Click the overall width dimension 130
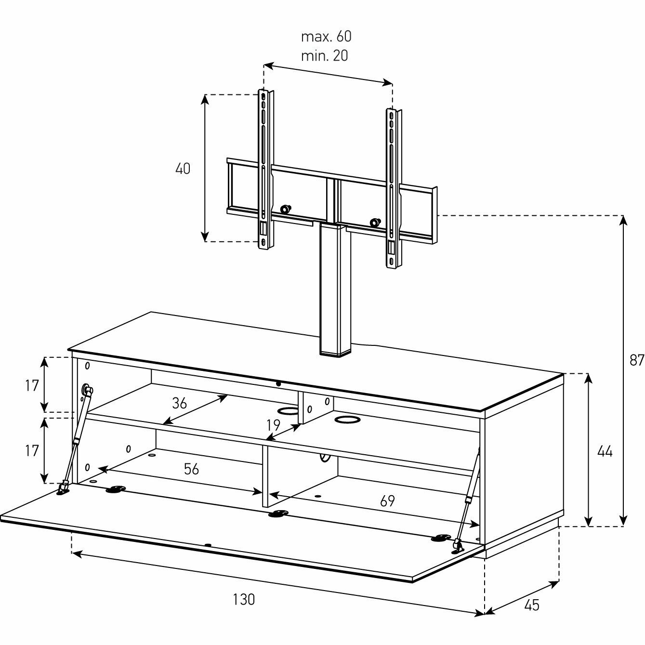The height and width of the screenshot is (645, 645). click(x=243, y=600)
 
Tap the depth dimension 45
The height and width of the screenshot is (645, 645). click(x=531, y=605)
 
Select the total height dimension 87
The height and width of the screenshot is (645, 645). click(x=636, y=360)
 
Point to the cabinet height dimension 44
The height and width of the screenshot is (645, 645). click(x=605, y=451)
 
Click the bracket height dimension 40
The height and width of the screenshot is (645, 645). click(x=183, y=169)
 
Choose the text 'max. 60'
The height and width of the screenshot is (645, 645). click(x=326, y=37)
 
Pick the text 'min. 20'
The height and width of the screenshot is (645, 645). click(x=324, y=56)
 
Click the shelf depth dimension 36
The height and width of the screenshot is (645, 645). click(x=179, y=403)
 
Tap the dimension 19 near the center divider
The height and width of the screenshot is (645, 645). click(x=273, y=425)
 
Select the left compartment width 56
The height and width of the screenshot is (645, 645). click(x=191, y=469)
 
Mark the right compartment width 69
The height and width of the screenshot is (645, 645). click(x=387, y=501)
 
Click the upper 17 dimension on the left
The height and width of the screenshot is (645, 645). click(x=32, y=385)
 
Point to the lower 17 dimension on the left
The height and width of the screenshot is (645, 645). click(x=32, y=451)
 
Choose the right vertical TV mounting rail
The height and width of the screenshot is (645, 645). click(x=392, y=188)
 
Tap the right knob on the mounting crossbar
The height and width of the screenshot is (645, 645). click(x=374, y=223)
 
